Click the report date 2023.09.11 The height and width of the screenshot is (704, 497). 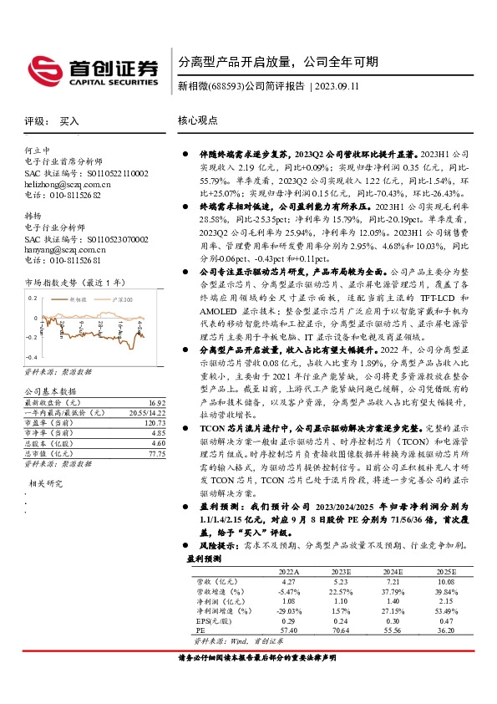pos(342,86)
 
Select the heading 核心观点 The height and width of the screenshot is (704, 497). pos(198,120)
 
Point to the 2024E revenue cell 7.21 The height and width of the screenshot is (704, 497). pos(393,581)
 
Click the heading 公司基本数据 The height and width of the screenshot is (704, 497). pos(50,391)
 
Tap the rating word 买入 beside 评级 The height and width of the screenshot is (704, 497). pos(70,121)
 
